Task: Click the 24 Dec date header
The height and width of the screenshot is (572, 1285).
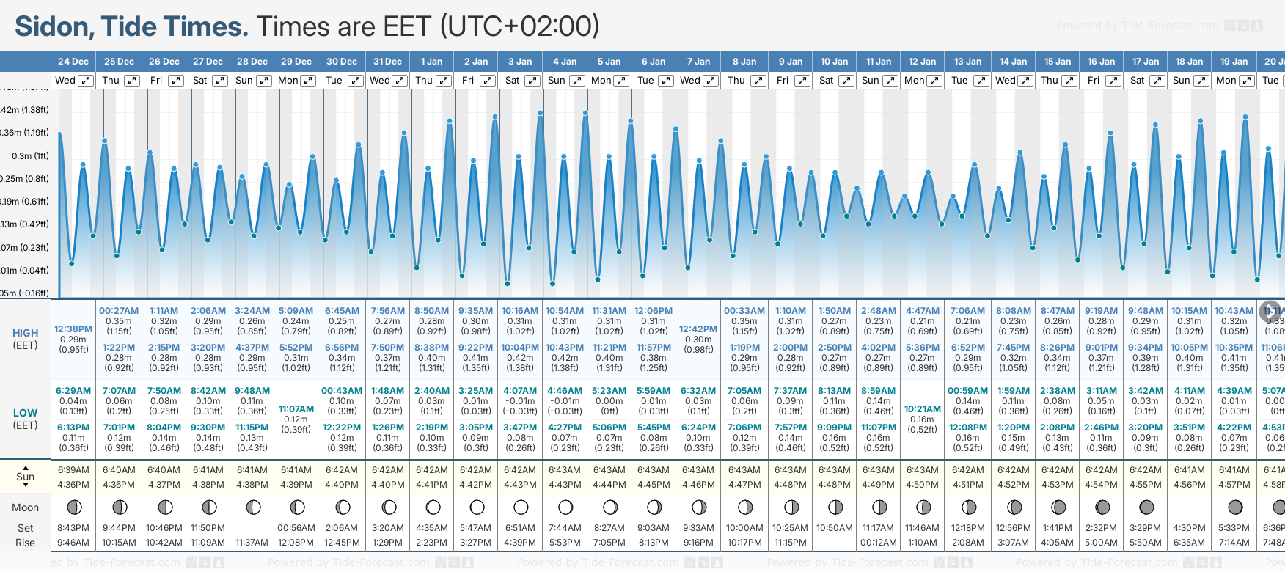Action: [x=73, y=62]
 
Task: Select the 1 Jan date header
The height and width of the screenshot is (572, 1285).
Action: [x=431, y=62]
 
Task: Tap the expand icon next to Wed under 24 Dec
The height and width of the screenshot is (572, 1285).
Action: [x=86, y=81]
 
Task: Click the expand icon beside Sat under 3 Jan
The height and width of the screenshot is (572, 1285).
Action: [x=532, y=81]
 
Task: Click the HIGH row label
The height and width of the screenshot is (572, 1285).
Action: [x=25, y=333]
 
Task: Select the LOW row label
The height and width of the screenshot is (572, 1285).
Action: [x=25, y=413]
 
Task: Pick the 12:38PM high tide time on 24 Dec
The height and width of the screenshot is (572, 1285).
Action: [x=73, y=329]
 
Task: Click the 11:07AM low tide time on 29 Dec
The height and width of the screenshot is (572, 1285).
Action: [x=296, y=409]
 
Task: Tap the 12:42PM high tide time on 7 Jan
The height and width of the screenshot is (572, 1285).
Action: [x=698, y=329]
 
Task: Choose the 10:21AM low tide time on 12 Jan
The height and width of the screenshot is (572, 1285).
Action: [x=923, y=409]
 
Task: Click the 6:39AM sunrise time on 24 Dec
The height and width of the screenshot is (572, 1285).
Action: [x=73, y=470]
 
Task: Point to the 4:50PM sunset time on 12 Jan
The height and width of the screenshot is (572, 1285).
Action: [x=923, y=485]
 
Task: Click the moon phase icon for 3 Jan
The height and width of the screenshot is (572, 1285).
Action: [x=521, y=507]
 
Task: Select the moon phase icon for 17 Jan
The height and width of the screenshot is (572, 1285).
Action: [x=1146, y=507]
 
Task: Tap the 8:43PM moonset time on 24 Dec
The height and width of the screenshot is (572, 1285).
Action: [x=73, y=528]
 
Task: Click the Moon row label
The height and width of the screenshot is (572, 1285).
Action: [x=25, y=507]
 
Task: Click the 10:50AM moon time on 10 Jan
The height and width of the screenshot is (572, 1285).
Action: [x=835, y=528]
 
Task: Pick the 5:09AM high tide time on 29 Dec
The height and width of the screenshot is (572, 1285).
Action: [x=296, y=311]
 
